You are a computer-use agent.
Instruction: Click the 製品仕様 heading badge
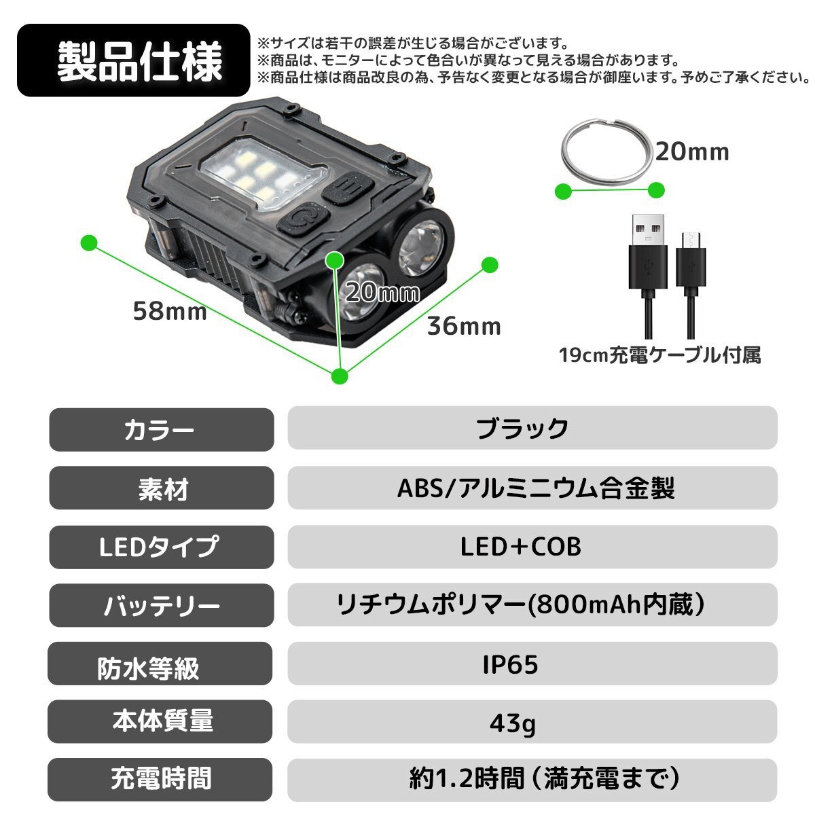(133, 60)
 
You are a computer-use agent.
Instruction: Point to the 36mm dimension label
(464, 327)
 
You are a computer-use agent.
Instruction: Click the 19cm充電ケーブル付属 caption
(659, 355)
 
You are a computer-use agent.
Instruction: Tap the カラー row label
(161, 429)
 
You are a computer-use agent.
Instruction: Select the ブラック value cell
(532, 428)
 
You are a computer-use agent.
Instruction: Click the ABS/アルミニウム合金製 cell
(532, 488)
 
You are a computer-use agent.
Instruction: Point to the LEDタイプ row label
(161, 547)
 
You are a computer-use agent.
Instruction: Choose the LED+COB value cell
(532, 547)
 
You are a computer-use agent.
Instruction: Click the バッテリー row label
(161, 605)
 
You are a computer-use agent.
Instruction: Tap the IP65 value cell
(532, 664)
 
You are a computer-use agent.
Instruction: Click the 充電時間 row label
(161, 780)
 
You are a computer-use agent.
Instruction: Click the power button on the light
(303, 220)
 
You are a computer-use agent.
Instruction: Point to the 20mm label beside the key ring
(691, 152)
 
